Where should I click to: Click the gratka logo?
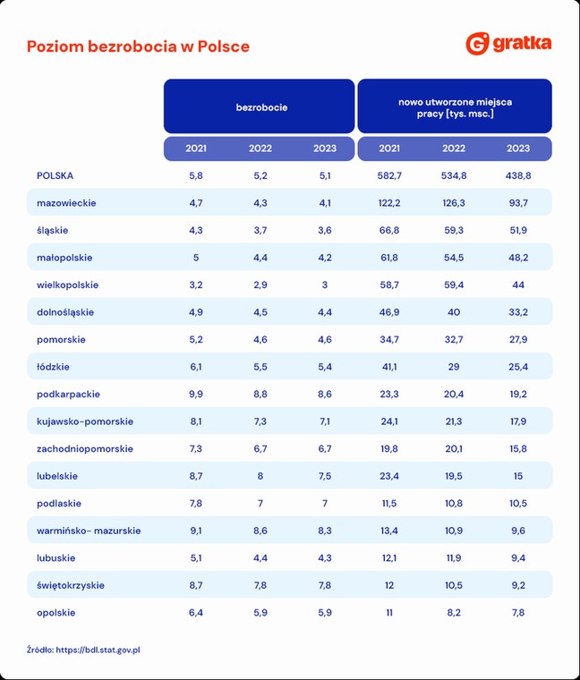coord(509,43)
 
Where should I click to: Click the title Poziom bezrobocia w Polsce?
coord(139,47)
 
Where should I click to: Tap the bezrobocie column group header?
coord(261,107)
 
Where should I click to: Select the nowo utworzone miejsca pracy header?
coord(455,107)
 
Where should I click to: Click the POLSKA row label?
coord(55,175)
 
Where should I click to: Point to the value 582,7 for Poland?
coord(389,175)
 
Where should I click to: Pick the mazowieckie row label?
coord(66,203)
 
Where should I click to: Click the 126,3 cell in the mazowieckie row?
coord(454,203)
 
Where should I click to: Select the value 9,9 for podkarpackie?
coord(196,395)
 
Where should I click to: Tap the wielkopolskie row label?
coord(68,285)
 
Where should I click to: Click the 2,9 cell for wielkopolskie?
coord(260,285)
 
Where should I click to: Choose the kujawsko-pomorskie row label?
coord(85,421)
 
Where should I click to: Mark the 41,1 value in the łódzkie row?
coord(389,367)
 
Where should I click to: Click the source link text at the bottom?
coord(83,650)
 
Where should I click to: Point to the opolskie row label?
coord(56,613)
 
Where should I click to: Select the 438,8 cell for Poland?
coord(518,175)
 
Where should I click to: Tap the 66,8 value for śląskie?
coord(389,230)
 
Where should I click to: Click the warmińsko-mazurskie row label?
coord(89,531)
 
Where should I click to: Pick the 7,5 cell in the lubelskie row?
coord(325,476)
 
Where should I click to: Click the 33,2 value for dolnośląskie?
coord(518,312)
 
